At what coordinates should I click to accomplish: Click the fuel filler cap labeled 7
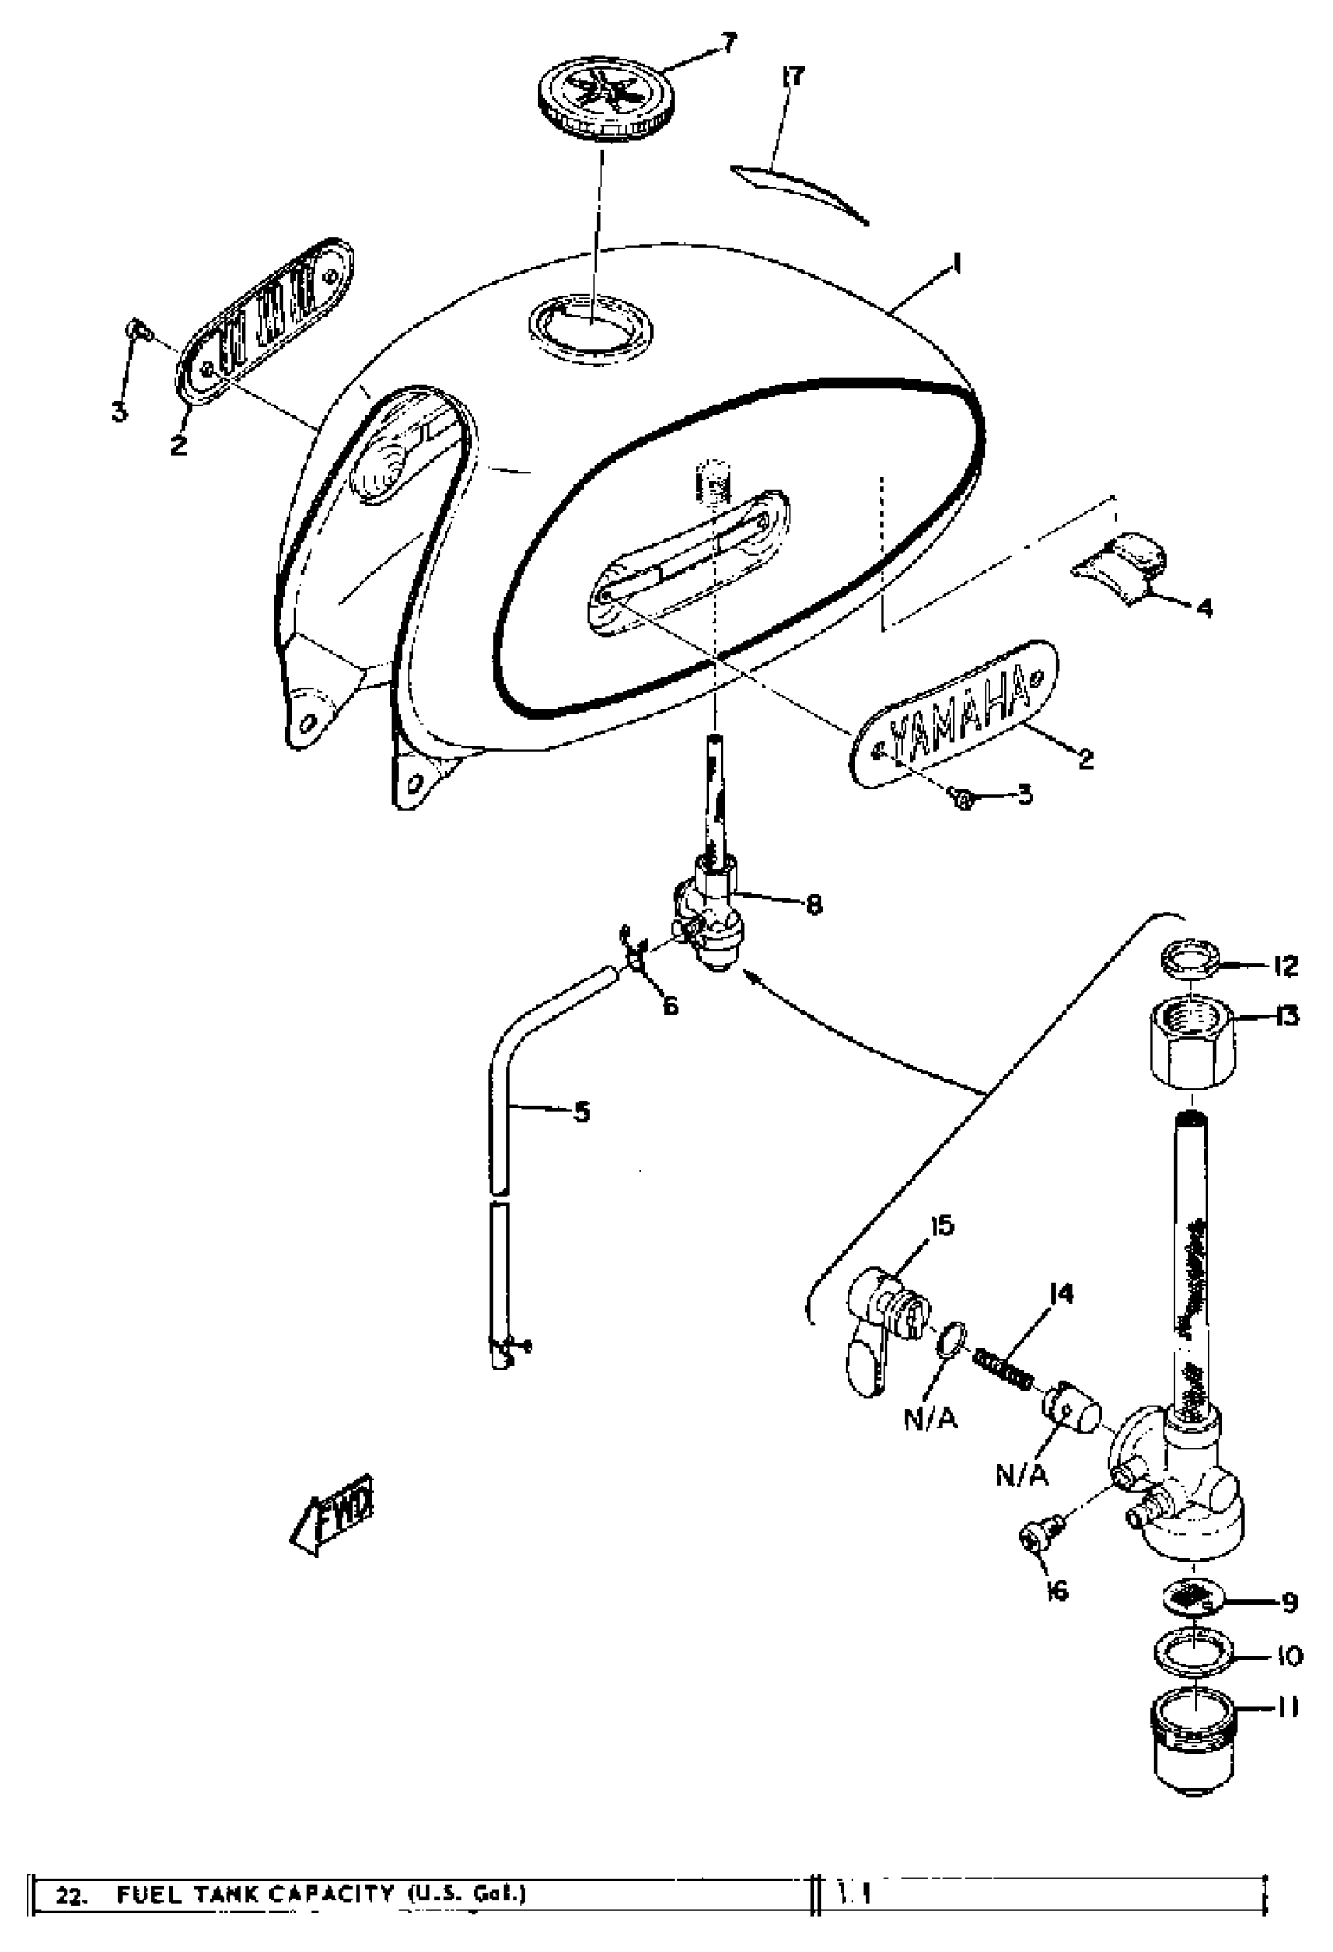pos(597,102)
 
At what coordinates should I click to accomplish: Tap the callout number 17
pos(791,77)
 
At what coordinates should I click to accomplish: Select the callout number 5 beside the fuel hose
pos(581,1112)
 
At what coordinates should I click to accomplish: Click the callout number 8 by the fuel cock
pos(813,905)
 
